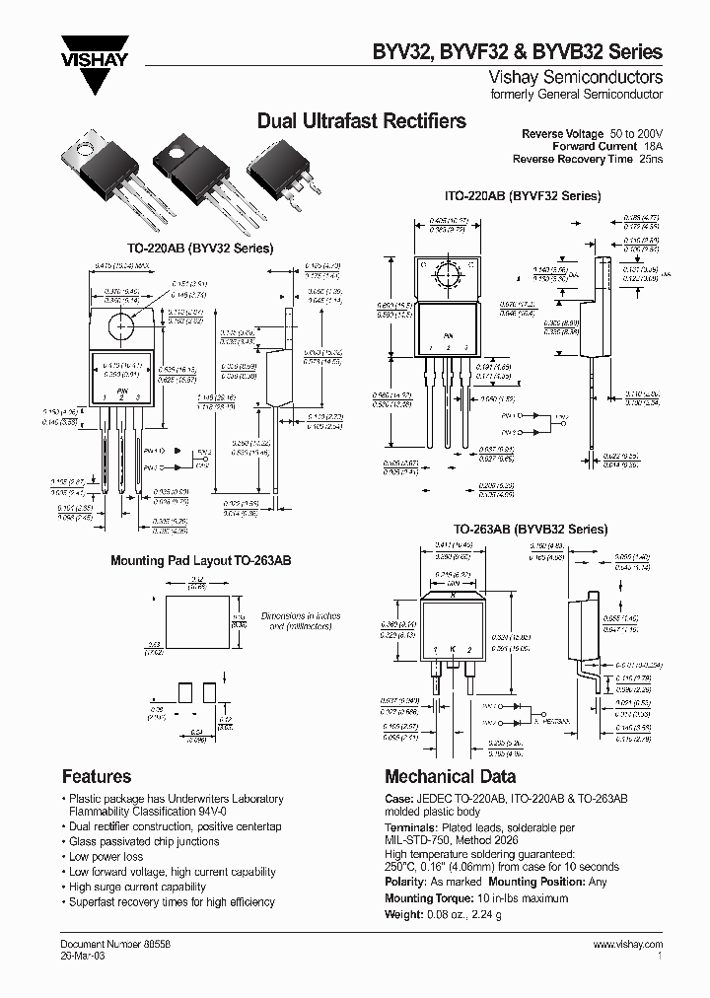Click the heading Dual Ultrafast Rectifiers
pos(361,121)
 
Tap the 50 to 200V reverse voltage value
pos(636,132)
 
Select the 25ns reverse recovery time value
pos(652,159)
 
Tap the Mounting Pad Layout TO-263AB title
pos(200,560)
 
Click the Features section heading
pos(97,776)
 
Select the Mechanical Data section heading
pos(450,776)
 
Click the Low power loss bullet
pos(106,857)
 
